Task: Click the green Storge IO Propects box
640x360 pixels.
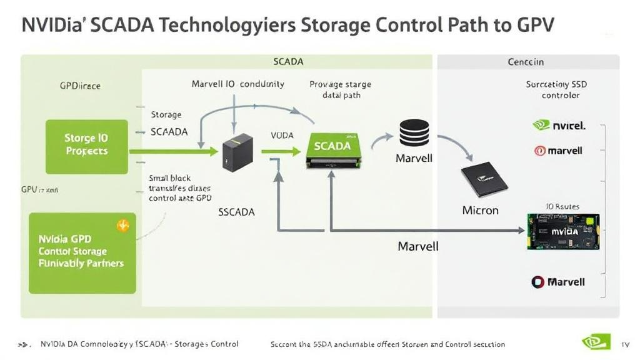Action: pyautogui.click(x=87, y=146)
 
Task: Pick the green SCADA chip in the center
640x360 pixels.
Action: pyautogui.click(x=332, y=149)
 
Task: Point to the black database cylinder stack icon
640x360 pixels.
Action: pyautogui.click(x=414, y=133)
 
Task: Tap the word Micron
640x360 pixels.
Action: pyautogui.click(x=480, y=210)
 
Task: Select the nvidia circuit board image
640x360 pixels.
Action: pyautogui.click(x=563, y=232)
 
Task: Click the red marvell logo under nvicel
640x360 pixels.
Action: pyautogui.click(x=559, y=151)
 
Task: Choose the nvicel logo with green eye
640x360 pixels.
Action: pyautogui.click(x=559, y=126)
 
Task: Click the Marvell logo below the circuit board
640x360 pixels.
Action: pyautogui.click(x=558, y=282)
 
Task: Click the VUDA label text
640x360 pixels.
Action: pyautogui.click(x=282, y=135)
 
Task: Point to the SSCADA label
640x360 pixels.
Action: pyautogui.click(x=236, y=212)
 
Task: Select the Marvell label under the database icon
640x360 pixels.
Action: pyautogui.click(x=414, y=159)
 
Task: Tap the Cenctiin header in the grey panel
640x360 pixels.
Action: pyautogui.click(x=525, y=62)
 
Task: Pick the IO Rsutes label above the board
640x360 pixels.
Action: pyautogui.click(x=562, y=207)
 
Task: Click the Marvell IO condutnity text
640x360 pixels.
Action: pyautogui.click(x=237, y=84)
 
